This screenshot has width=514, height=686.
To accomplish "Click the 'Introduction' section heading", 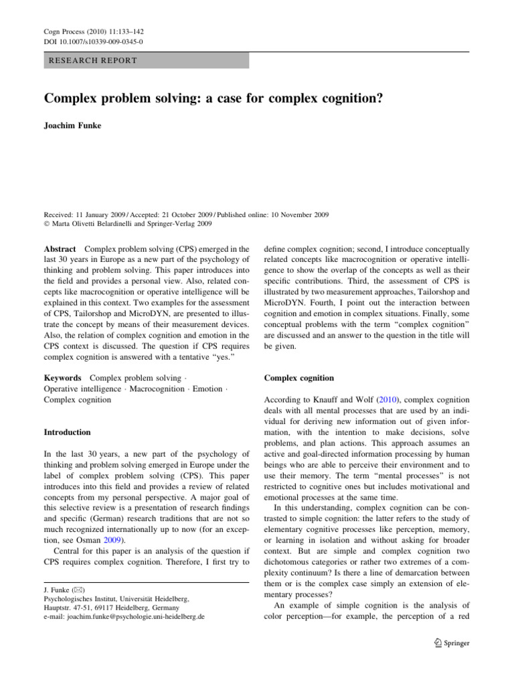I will [67, 433].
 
